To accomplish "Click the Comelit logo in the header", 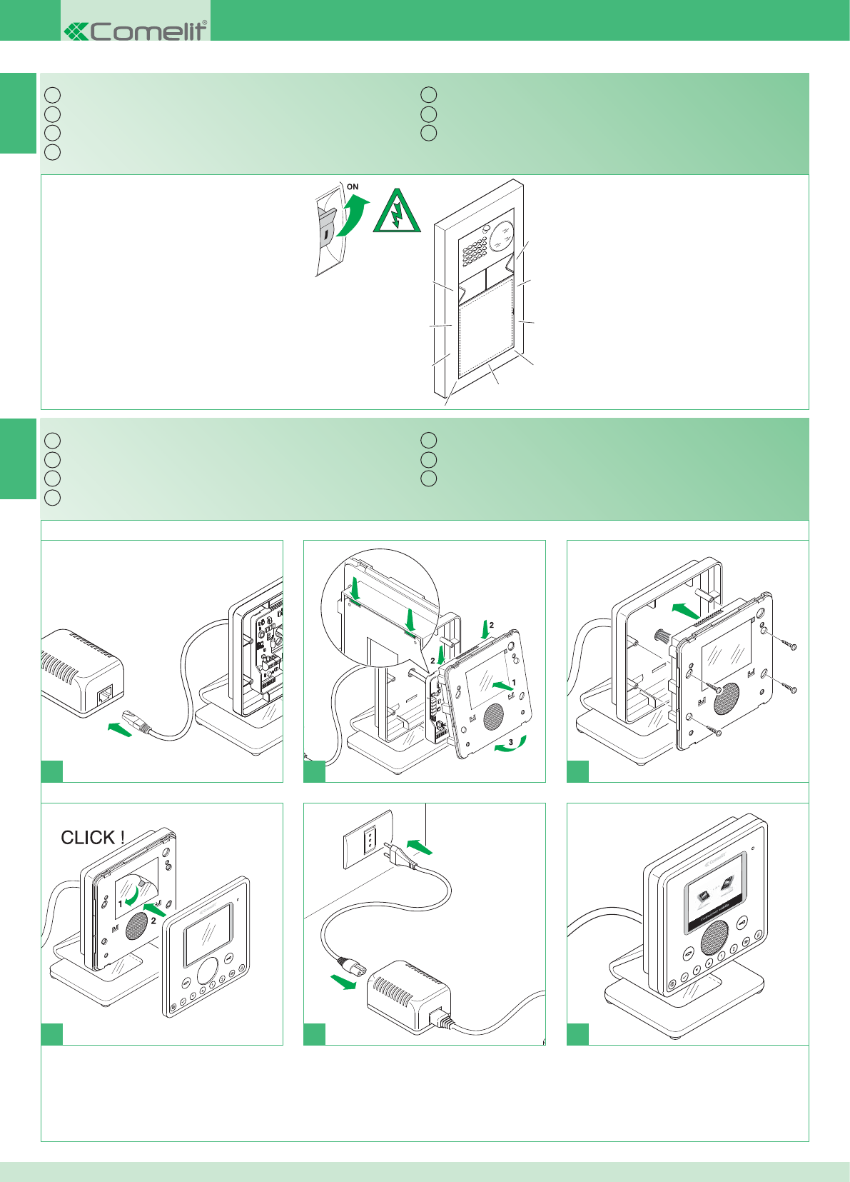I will click(136, 31).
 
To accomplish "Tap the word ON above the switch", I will click(353, 187).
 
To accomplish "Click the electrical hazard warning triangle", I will click(398, 212).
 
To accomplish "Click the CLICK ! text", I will click(93, 837).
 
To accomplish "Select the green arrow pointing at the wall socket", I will click(419, 847).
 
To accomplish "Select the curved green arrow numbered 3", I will click(511, 746).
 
